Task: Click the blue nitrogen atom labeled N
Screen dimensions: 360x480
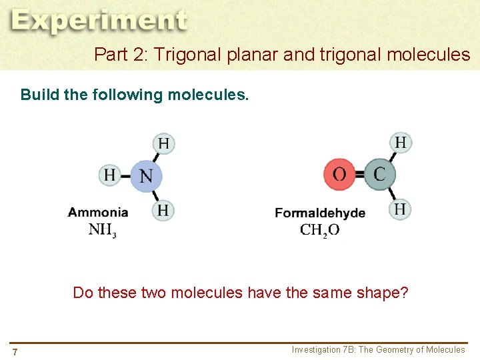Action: point(146,176)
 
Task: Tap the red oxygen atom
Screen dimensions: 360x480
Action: point(339,175)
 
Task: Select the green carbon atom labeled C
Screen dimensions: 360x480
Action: point(379,175)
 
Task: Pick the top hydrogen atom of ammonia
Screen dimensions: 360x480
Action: point(163,143)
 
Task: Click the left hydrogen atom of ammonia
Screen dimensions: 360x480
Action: point(109,175)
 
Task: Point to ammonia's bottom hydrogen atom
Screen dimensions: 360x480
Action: point(163,210)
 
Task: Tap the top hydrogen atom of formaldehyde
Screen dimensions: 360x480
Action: point(400,142)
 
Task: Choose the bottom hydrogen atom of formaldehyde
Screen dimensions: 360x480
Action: point(399,209)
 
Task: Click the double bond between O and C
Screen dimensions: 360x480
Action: point(359,175)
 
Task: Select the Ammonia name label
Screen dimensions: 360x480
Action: point(98,213)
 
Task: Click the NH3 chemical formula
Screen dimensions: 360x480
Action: point(102,231)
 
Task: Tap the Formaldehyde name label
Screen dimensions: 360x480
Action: point(320,213)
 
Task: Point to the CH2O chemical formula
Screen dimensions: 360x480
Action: point(319,231)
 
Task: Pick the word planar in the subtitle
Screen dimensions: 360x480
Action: point(252,55)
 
